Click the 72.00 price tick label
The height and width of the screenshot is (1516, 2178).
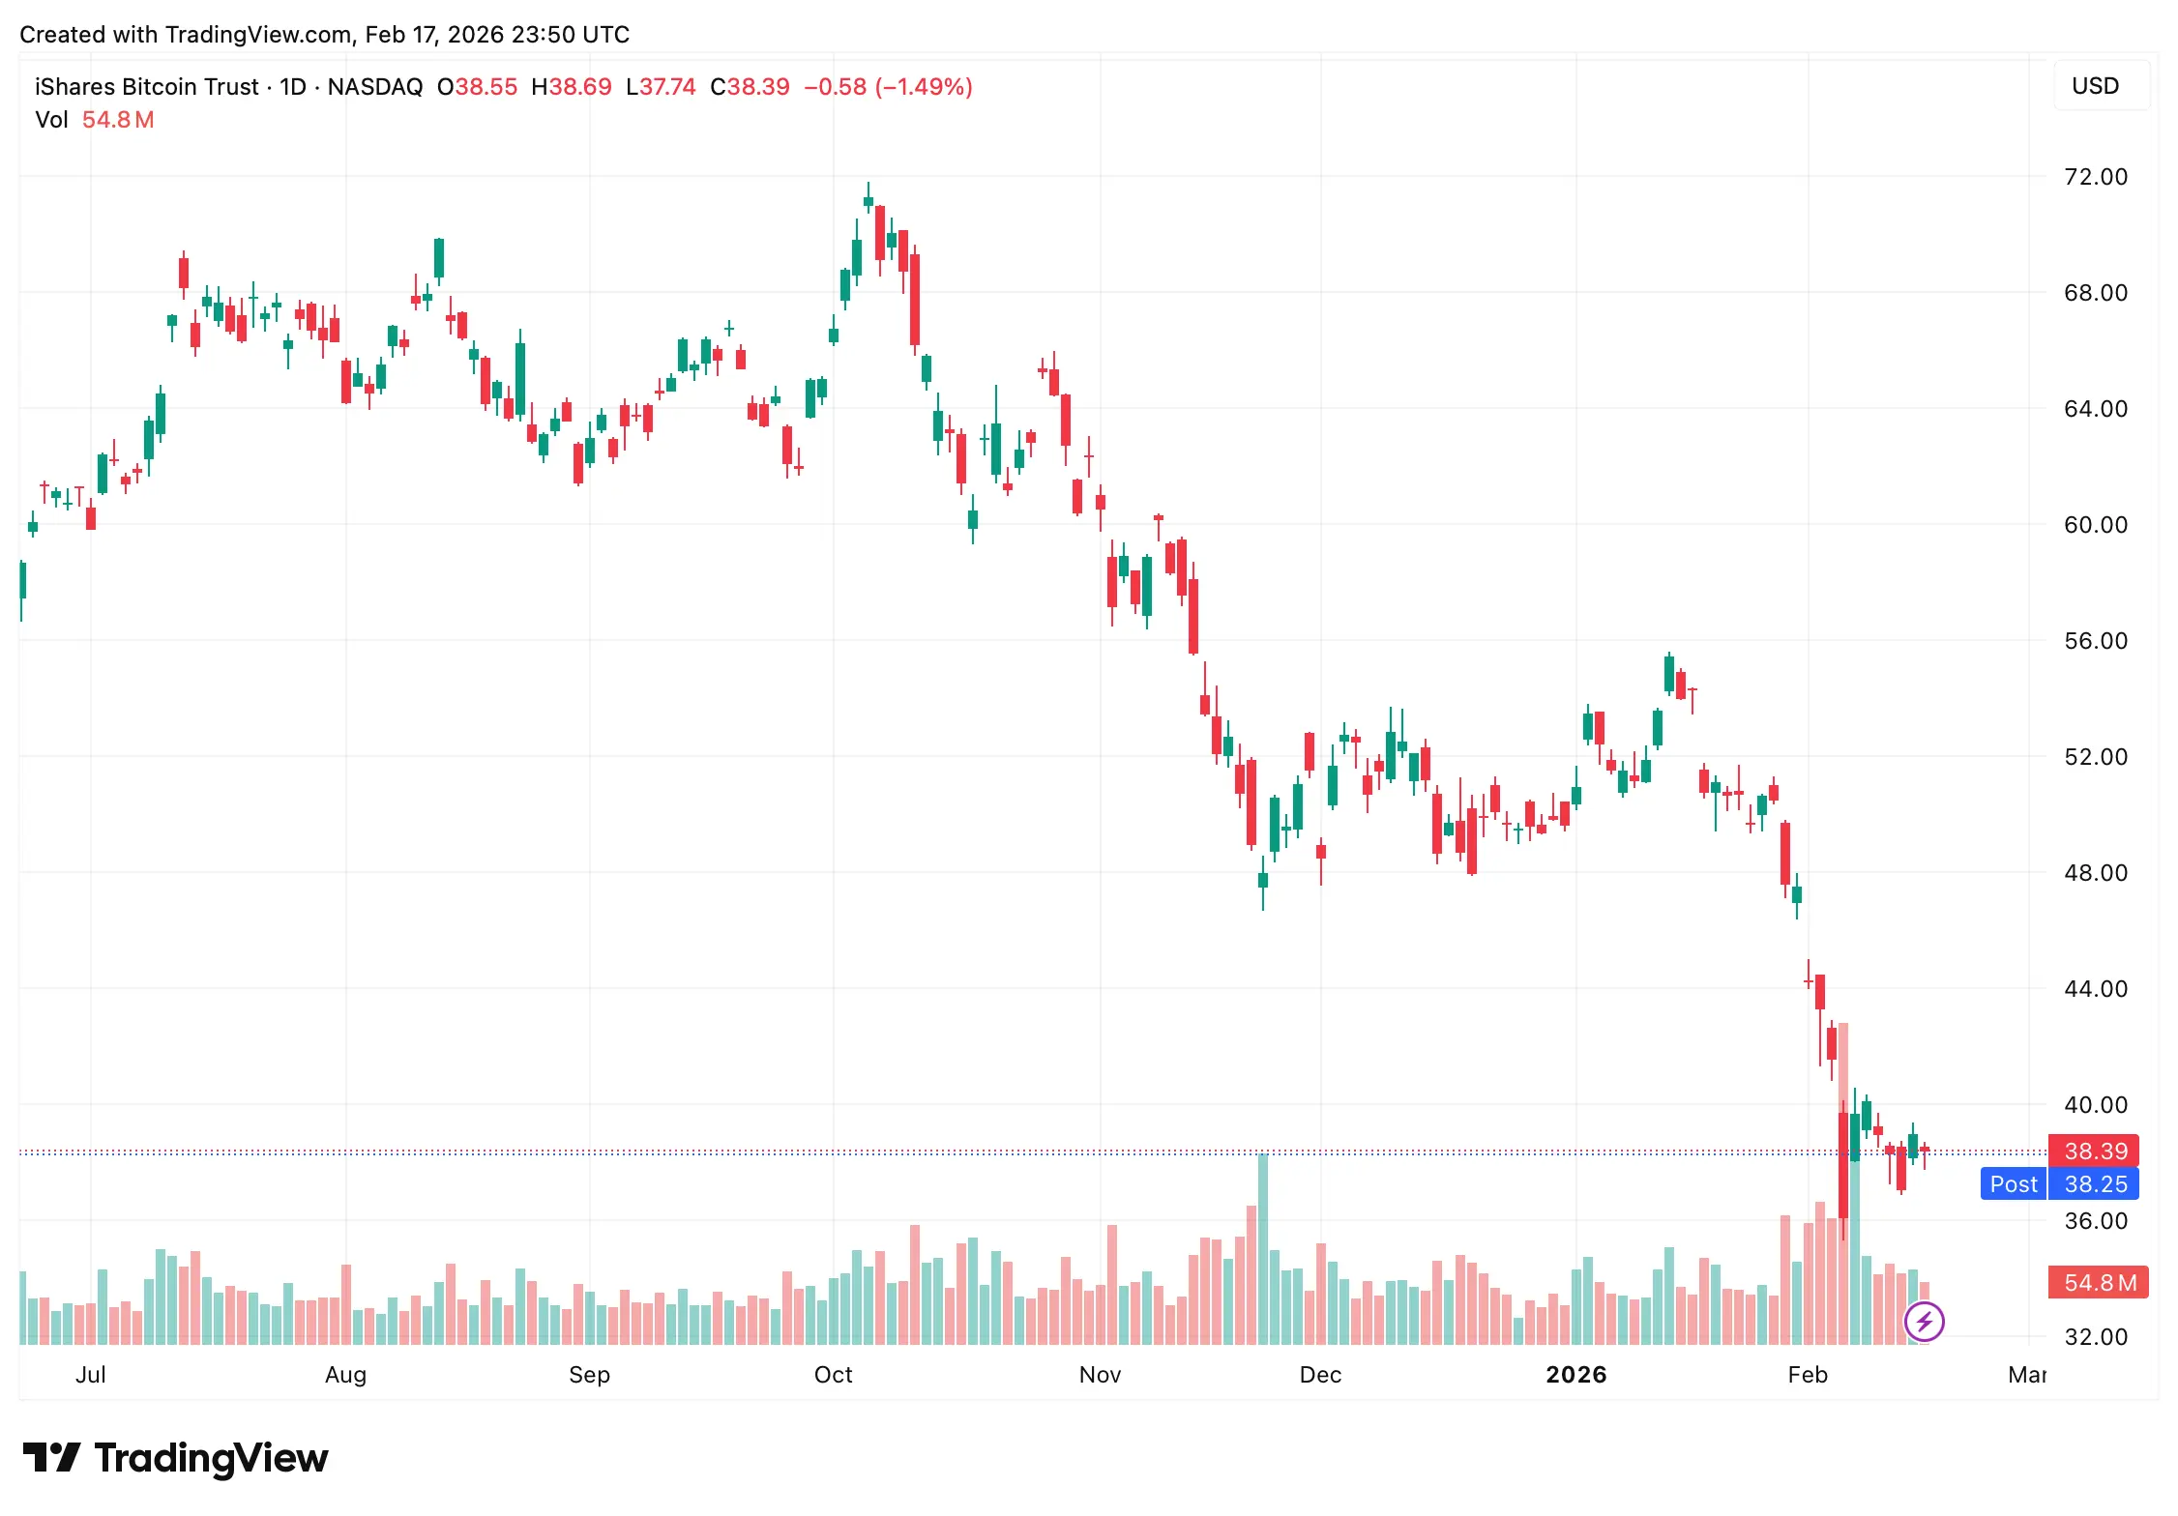[x=2095, y=177]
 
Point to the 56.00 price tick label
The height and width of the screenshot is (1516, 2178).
[x=2095, y=641]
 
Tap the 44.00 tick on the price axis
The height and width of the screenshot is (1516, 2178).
[x=2095, y=989]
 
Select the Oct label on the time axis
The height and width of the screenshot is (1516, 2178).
[x=833, y=1375]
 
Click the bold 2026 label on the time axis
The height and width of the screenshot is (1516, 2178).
[x=1575, y=1375]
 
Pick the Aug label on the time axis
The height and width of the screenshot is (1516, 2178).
[x=345, y=1375]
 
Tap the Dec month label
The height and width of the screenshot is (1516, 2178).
[x=1320, y=1375]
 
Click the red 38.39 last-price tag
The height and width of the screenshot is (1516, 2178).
[x=2095, y=1152]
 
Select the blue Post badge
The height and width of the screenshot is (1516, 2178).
[x=2014, y=1184]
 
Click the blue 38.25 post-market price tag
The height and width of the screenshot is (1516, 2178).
[x=2095, y=1184]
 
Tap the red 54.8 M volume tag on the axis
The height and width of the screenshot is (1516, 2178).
[x=2099, y=1283]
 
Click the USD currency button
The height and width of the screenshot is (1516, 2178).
[x=2095, y=86]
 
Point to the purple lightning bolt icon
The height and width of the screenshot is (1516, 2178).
[x=1924, y=1321]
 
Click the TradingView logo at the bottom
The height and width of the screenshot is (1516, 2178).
[x=176, y=1458]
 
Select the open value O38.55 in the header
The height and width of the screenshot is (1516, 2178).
[x=477, y=87]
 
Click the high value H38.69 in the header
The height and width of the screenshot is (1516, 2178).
[x=572, y=87]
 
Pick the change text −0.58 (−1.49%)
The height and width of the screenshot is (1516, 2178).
[x=888, y=87]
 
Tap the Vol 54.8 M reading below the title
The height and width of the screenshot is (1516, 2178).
[x=95, y=120]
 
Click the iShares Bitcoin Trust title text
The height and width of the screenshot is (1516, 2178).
[x=147, y=87]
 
